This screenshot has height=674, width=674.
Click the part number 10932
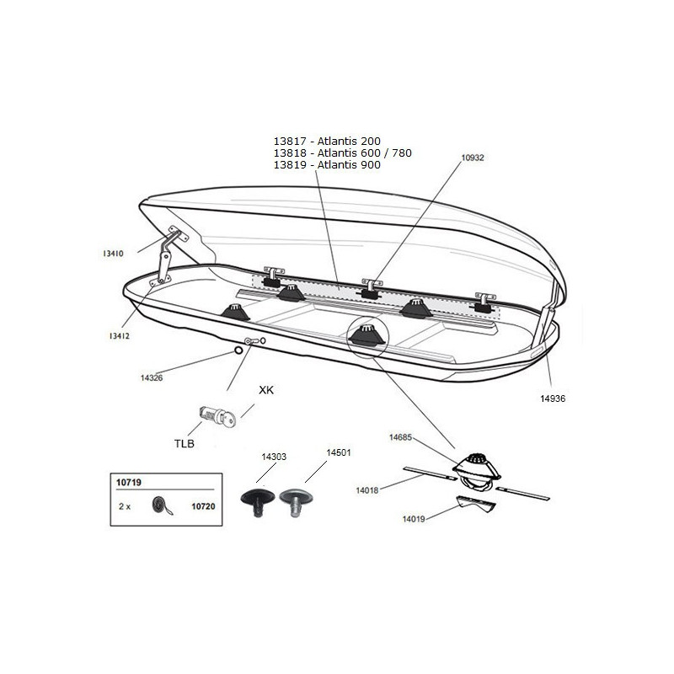point(473,158)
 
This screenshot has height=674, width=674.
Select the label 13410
point(113,254)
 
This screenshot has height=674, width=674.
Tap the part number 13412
point(119,336)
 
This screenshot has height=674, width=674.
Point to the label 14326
point(152,377)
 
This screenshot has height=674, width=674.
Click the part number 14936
point(553,399)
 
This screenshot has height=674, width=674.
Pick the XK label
point(266,390)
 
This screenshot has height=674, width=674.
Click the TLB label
point(184,443)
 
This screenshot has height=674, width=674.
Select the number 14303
point(274,457)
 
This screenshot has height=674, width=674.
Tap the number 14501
point(339,452)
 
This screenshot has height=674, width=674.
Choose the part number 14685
point(400,437)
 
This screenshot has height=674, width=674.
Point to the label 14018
point(367,490)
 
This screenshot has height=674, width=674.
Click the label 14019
point(414,519)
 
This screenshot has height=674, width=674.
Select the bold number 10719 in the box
point(129,482)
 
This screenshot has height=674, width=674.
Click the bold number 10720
point(203,506)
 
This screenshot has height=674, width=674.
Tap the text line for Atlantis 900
point(327,164)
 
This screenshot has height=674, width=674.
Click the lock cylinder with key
point(217,416)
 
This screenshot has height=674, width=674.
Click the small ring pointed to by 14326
point(238,350)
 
